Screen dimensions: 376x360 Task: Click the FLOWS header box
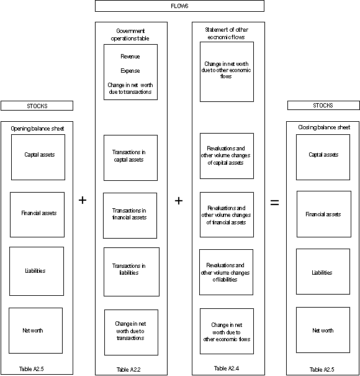(179, 6)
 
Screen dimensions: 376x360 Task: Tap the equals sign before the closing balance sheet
(274, 202)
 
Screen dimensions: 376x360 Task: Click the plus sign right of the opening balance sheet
(83, 200)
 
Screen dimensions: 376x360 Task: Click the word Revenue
(130, 57)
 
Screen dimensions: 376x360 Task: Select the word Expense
(130, 71)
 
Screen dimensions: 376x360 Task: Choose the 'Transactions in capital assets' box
(130, 157)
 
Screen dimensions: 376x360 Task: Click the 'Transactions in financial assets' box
(130, 215)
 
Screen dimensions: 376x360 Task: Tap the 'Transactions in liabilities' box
(131, 271)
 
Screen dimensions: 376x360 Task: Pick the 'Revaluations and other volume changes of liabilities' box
(227, 272)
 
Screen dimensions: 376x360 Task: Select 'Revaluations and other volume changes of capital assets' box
(227, 155)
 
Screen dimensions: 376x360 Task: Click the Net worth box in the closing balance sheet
(323, 331)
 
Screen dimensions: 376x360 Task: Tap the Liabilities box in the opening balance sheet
(36, 271)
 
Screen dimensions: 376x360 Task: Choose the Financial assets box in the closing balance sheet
(323, 214)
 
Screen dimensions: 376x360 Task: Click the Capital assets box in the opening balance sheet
(38, 155)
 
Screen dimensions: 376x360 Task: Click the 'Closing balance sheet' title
(323, 127)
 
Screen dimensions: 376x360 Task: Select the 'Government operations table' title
(130, 34)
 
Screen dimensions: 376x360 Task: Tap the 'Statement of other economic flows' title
(228, 33)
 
